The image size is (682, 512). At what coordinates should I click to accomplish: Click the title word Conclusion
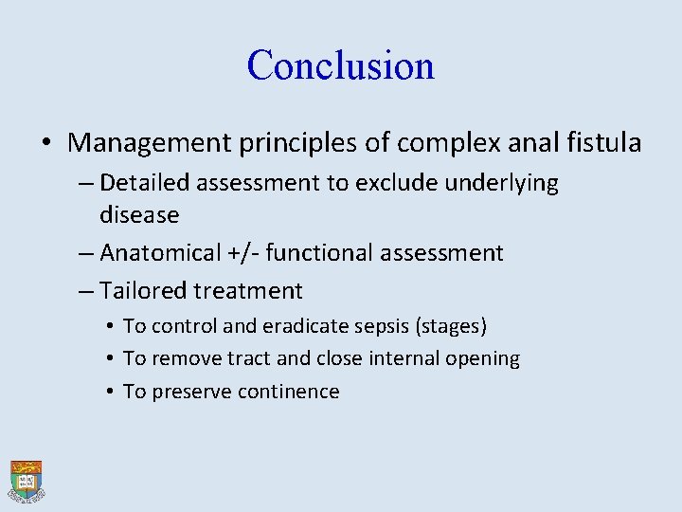(x=340, y=65)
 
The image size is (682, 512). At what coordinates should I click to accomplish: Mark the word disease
(x=139, y=215)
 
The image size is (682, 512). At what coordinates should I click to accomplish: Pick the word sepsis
(x=380, y=326)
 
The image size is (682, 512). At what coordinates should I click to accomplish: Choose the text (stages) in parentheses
(x=451, y=326)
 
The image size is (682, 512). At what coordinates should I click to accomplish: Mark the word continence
(x=286, y=392)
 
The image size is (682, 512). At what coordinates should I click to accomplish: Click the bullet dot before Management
(x=47, y=144)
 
